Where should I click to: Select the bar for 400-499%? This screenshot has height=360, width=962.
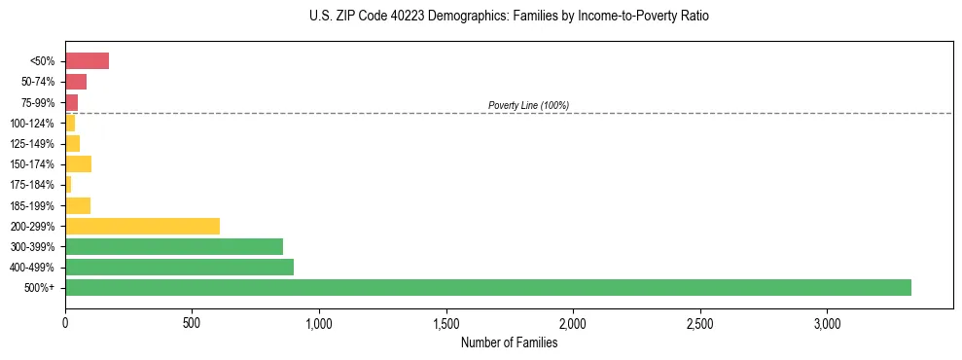[179, 267]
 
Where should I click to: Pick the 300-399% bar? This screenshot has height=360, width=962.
[174, 246]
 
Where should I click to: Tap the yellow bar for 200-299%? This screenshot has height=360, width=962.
[142, 226]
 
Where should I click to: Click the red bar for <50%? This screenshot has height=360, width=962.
[87, 61]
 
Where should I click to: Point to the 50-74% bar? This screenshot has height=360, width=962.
[76, 82]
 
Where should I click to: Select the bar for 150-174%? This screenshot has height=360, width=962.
[78, 163]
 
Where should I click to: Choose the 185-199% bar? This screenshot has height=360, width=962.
[78, 205]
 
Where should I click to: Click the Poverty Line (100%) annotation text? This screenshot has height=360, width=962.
[528, 105]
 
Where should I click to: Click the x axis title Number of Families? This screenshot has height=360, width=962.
[509, 342]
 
